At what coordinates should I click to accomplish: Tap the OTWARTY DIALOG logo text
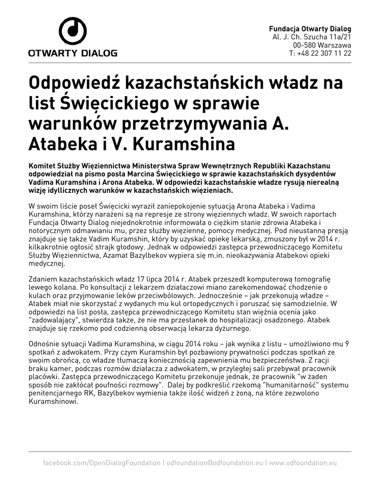73,53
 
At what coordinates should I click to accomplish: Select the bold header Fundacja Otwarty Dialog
310,28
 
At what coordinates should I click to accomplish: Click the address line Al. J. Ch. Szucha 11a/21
312,37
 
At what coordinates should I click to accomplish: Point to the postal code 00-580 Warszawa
320,45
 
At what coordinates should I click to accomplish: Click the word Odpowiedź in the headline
74,83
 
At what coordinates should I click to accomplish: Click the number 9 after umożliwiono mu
348,344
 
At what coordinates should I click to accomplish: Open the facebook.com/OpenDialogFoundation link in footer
102,463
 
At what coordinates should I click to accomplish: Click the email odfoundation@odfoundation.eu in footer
215,463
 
